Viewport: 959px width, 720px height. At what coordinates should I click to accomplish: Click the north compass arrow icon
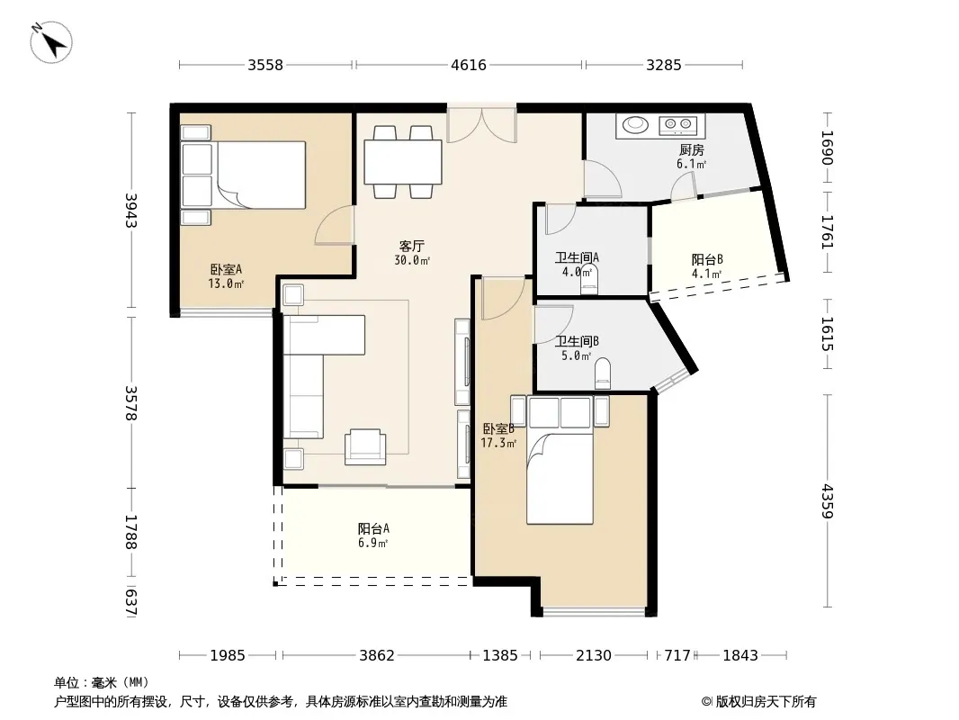51,41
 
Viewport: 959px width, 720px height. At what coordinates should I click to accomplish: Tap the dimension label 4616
469,65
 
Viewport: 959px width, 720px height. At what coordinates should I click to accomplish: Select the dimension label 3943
130,211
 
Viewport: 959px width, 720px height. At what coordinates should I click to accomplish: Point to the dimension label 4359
827,501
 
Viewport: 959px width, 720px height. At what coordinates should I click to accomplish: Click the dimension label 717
677,656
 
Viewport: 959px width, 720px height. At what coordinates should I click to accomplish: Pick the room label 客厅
412,246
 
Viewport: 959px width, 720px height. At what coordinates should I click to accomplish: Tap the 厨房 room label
692,150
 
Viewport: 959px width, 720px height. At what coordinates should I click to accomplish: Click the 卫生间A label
577,257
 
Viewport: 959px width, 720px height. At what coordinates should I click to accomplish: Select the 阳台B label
708,259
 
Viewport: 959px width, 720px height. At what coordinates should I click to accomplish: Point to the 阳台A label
373,528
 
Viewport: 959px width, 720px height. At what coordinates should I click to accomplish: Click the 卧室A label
227,269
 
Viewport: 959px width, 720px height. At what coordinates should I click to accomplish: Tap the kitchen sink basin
635,125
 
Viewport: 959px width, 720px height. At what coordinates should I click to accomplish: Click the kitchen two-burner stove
677,125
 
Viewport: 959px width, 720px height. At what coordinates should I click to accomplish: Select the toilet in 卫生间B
603,373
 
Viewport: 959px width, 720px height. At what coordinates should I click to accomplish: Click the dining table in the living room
403,162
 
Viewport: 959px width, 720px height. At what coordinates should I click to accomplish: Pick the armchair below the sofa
365,446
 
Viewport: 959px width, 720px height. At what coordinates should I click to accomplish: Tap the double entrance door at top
482,125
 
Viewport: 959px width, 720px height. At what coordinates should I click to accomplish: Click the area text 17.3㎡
498,443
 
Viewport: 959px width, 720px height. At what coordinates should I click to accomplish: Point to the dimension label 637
130,602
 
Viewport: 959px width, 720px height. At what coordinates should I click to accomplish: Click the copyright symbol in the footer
706,702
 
